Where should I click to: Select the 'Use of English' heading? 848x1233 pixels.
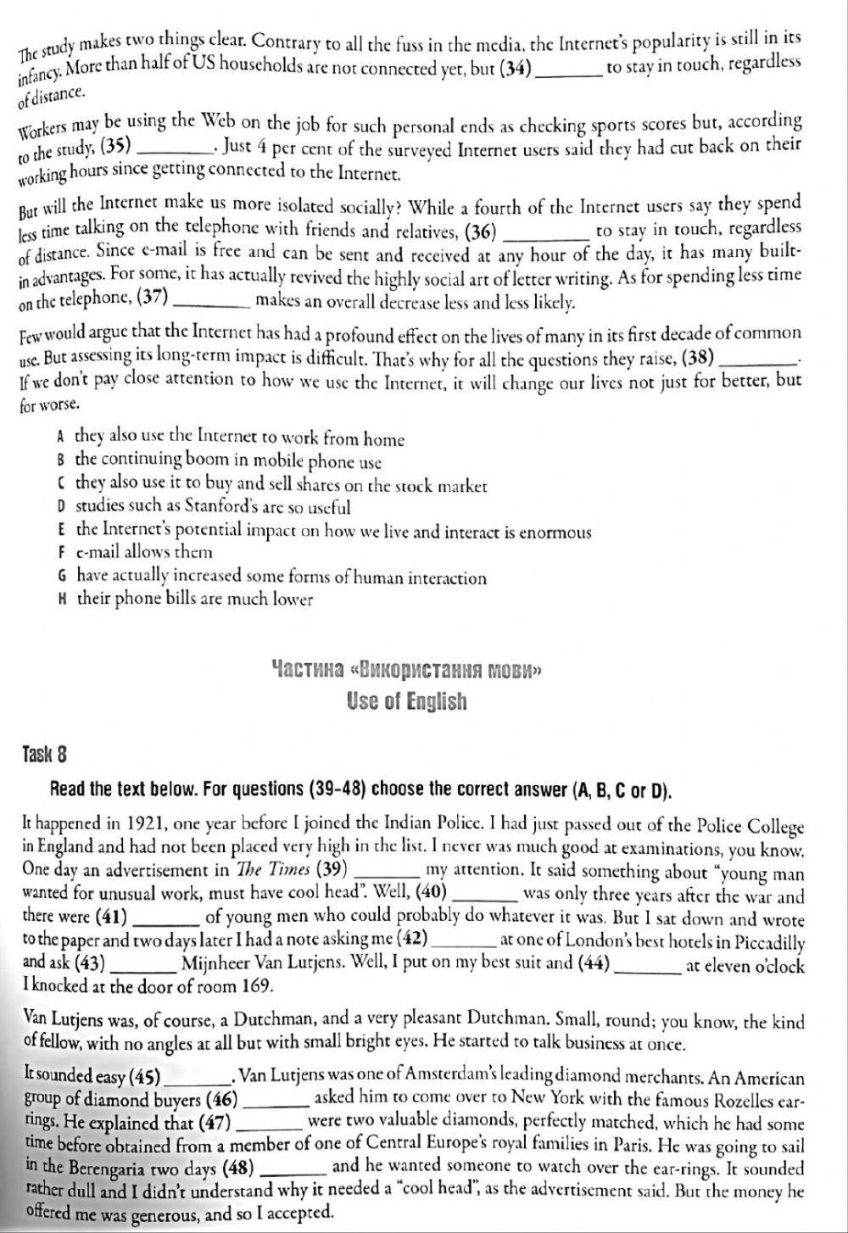[x=406, y=701]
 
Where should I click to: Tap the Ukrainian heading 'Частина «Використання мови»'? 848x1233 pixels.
[x=406, y=671]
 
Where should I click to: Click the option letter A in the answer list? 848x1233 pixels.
[x=60, y=438]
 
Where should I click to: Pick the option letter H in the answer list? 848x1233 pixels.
[x=62, y=599]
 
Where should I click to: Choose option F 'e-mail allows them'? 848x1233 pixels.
[x=144, y=552]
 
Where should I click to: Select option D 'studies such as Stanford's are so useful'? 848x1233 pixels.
[x=213, y=507]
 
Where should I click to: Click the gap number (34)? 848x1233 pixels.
[x=514, y=69]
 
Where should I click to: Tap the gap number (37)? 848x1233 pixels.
[x=152, y=298]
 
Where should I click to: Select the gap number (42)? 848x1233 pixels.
[x=412, y=940]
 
